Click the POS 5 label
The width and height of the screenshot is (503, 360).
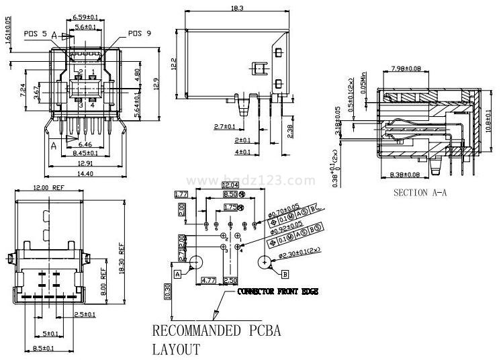pyautogui.click(x=36, y=33)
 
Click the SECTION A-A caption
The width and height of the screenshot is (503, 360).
pyautogui.click(x=420, y=193)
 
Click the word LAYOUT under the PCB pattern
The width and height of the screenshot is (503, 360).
pyautogui.click(x=176, y=349)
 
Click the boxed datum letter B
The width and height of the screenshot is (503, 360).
pyautogui.click(x=285, y=274)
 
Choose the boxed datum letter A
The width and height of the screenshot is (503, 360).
pyautogui.click(x=178, y=274)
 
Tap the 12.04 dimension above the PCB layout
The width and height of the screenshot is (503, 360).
pyautogui.click(x=230, y=185)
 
